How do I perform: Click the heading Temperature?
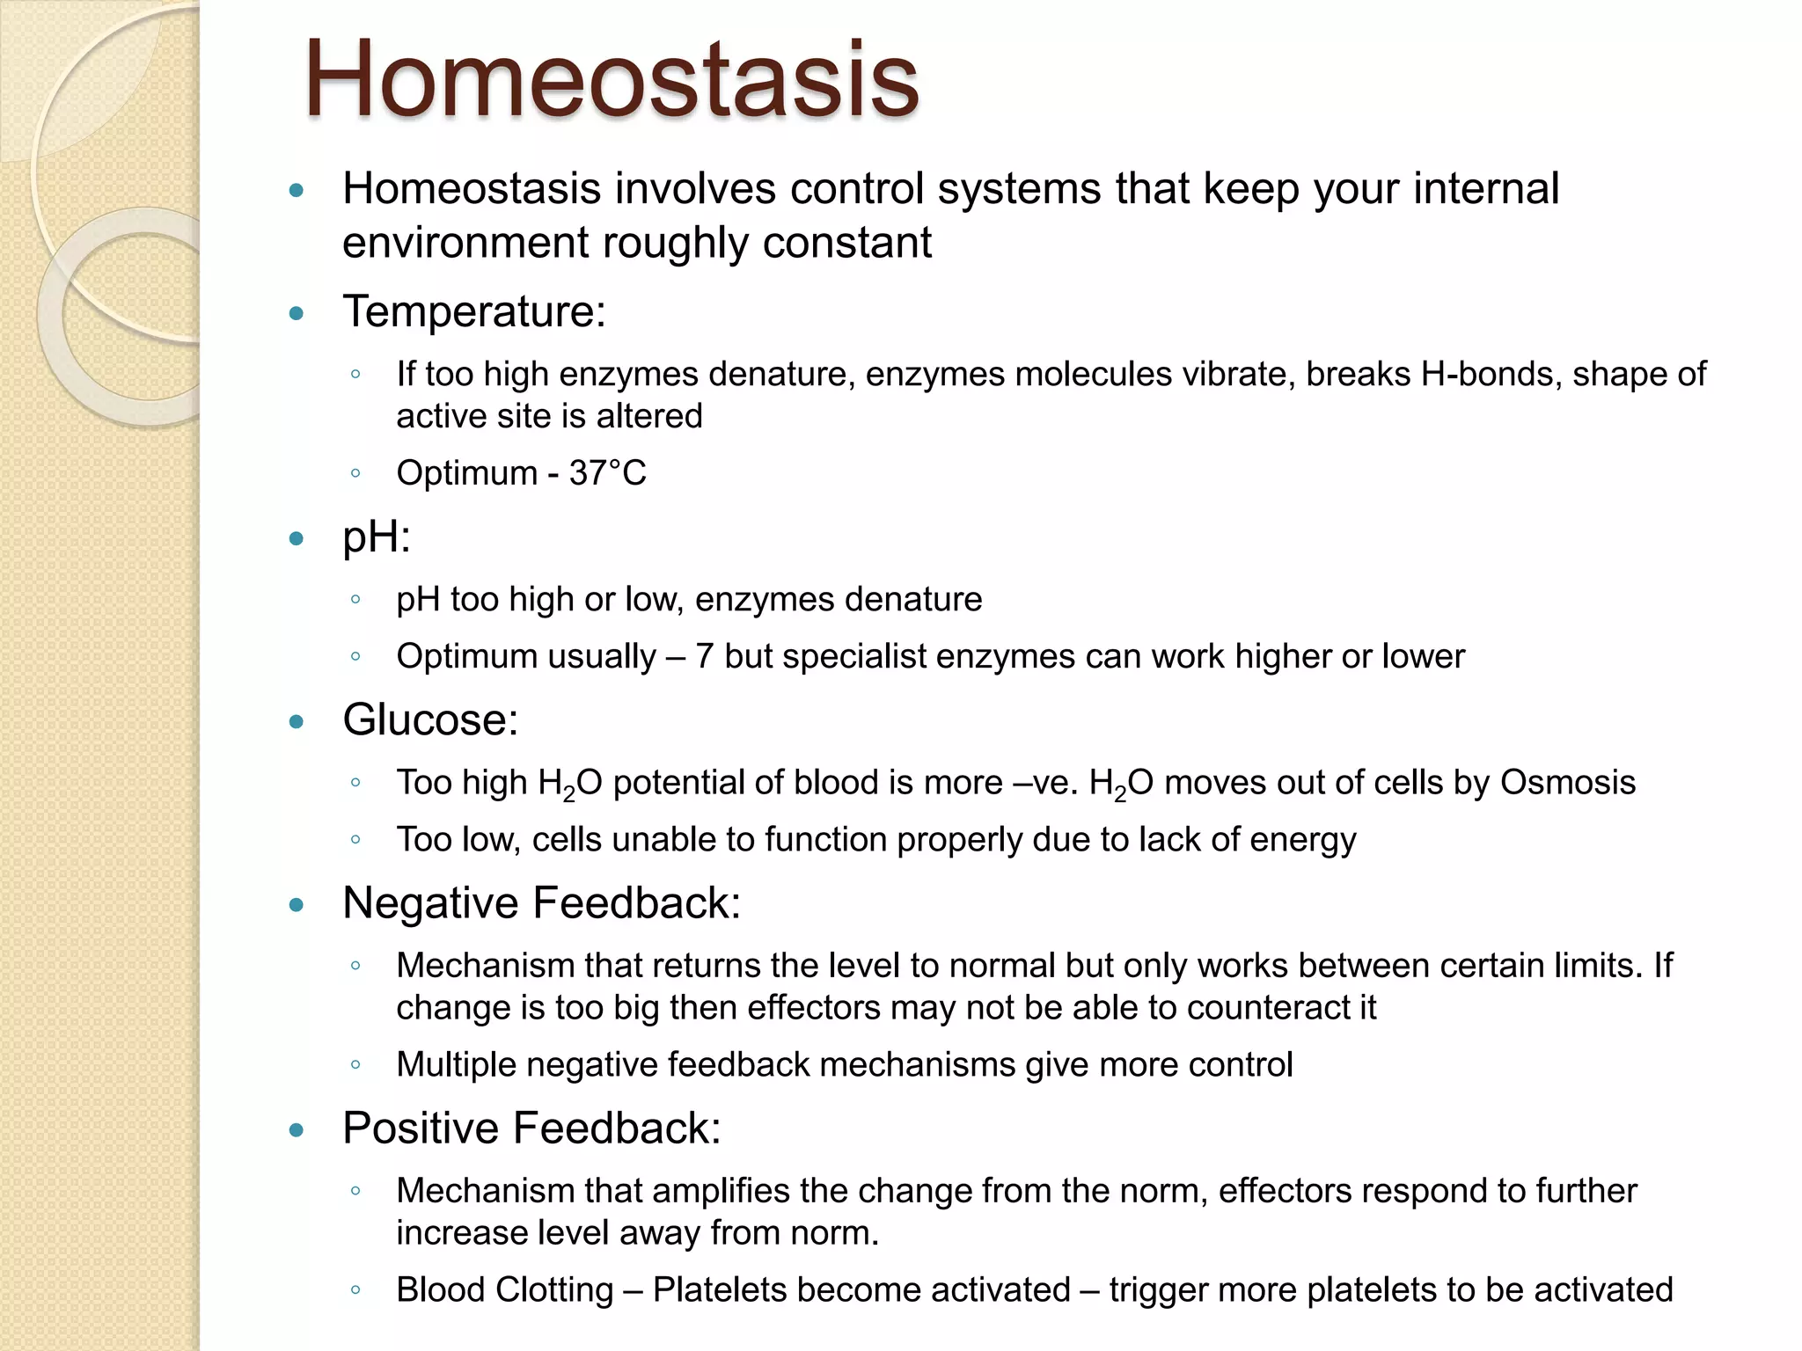tap(473, 311)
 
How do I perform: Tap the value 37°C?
tap(607, 473)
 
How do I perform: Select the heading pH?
tap(377, 537)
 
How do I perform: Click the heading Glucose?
tap(430, 719)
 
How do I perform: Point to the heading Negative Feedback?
tap(541, 902)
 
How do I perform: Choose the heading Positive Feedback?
tap(531, 1128)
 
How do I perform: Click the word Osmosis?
tap(1567, 782)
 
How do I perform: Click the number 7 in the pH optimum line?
tap(703, 656)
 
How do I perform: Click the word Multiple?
tap(456, 1064)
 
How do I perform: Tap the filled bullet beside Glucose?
tap(297, 722)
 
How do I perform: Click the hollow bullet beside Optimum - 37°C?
tap(355, 473)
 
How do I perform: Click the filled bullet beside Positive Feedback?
tap(297, 1130)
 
